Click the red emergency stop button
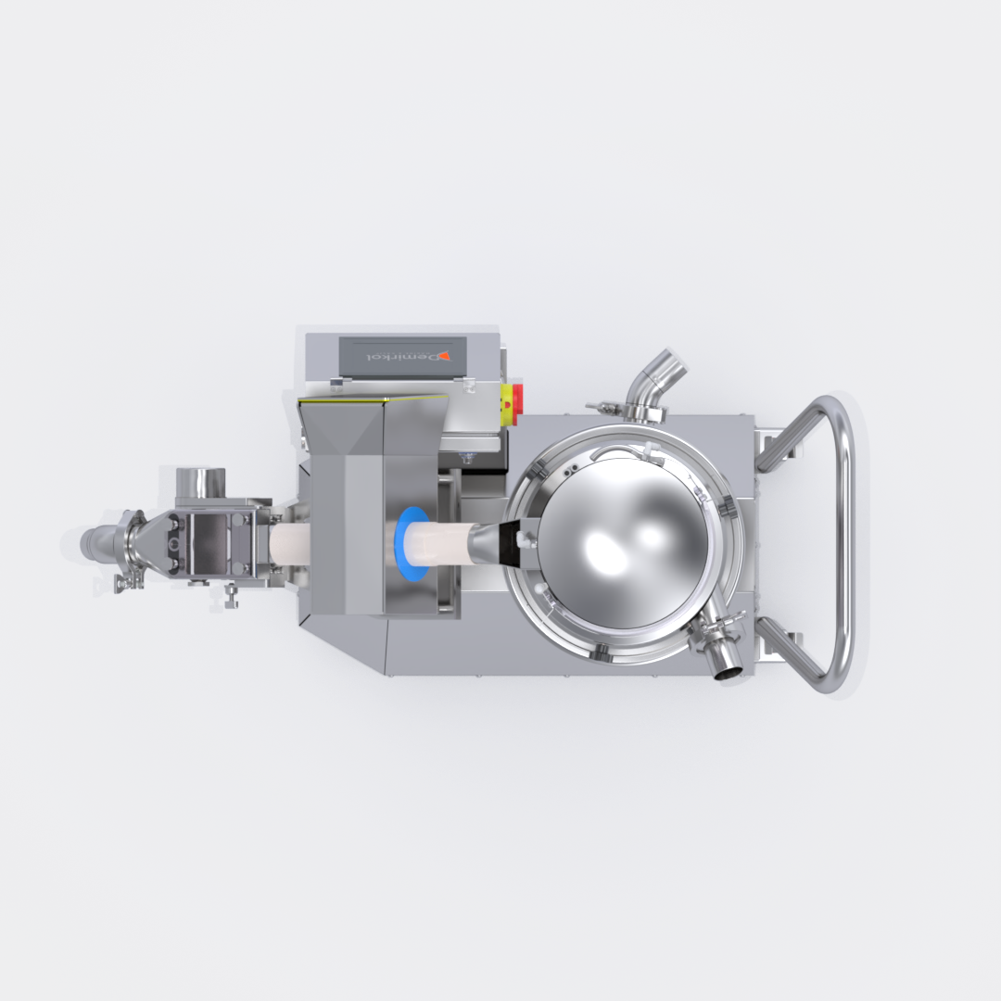point(518,397)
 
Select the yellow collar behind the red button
point(507,397)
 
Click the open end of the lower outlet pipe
point(727,672)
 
